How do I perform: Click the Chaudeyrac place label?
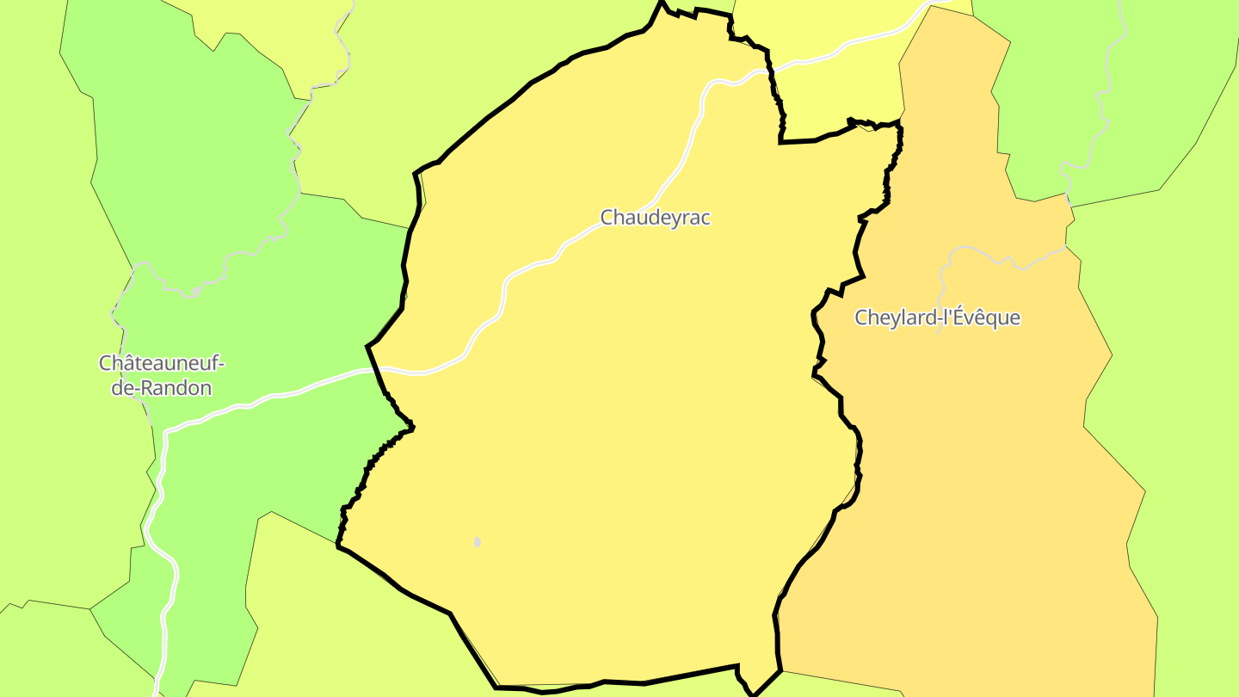pos(656,218)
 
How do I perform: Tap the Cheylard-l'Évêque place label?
pos(937,318)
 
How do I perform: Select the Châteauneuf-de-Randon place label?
pos(161,375)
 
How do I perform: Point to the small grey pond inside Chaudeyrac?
pos(478,542)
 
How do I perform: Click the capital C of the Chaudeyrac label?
pos(607,218)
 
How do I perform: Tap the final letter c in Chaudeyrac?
pos(706,218)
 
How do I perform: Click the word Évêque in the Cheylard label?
pos(989,318)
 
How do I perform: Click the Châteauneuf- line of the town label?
pos(161,363)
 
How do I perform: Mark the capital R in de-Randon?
pos(149,388)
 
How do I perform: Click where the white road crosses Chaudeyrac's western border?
pos(375,369)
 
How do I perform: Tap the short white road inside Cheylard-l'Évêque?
pos(998,256)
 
